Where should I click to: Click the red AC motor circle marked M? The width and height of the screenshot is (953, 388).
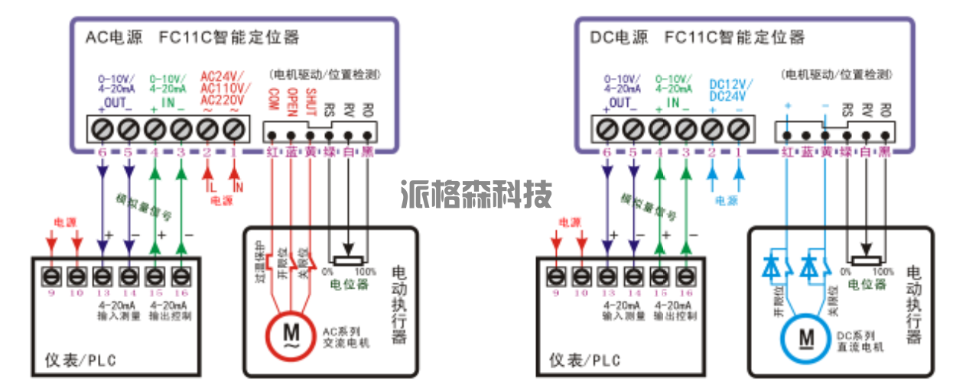click(291, 333)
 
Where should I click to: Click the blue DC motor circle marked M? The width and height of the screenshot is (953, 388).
click(806, 335)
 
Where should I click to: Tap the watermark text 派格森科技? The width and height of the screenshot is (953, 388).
click(476, 195)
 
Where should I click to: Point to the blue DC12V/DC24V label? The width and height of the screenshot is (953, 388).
click(730, 90)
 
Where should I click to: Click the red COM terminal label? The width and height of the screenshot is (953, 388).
click(272, 101)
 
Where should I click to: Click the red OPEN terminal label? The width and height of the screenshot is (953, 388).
click(291, 102)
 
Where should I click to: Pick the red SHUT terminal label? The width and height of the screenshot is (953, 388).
click(311, 102)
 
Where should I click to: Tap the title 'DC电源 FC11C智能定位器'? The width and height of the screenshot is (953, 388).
click(698, 37)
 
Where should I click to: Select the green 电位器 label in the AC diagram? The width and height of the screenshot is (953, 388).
click(349, 284)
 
